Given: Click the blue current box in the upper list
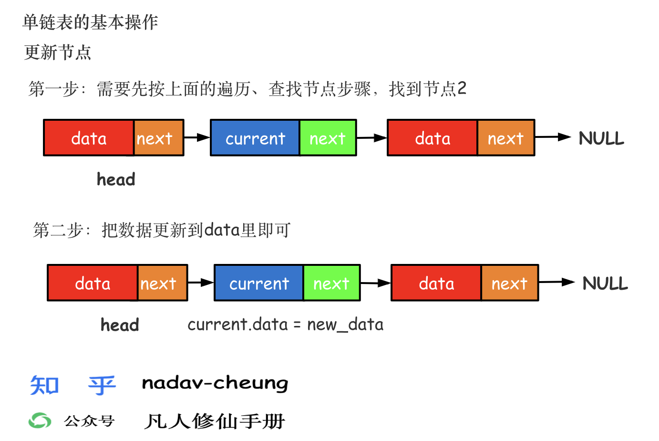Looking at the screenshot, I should pyautogui.click(x=255, y=138).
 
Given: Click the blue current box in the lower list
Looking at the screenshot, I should pyautogui.click(x=259, y=283).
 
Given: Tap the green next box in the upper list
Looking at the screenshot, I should pyautogui.click(x=328, y=138).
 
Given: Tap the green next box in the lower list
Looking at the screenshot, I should pyautogui.click(x=332, y=283).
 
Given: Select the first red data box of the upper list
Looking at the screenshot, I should pyautogui.click(x=89, y=138).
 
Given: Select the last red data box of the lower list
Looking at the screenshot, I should pyautogui.click(x=436, y=283).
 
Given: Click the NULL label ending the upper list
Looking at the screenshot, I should pyautogui.click(x=601, y=138).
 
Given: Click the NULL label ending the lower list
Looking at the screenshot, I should pyautogui.click(x=605, y=283).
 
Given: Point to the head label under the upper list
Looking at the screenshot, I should pyautogui.click(x=116, y=179).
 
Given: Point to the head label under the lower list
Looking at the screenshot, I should pyautogui.click(x=120, y=325).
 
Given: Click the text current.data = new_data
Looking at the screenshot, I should pyautogui.click(x=285, y=325).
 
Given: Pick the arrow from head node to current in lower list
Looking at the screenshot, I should pyautogui.click(x=201, y=283).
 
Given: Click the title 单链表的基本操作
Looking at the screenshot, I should pyautogui.click(x=90, y=22).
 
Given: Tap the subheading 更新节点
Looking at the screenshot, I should pyautogui.click(x=57, y=52).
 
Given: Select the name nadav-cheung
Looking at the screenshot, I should pyautogui.click(x=215, y=383).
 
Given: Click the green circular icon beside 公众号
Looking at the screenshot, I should pyautogui.click(x=40, y=420).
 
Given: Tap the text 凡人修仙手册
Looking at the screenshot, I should pyautogui.click(x=214, y=421).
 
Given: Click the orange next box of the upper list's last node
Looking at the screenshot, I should pyautogui.click(x=505, y=138).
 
